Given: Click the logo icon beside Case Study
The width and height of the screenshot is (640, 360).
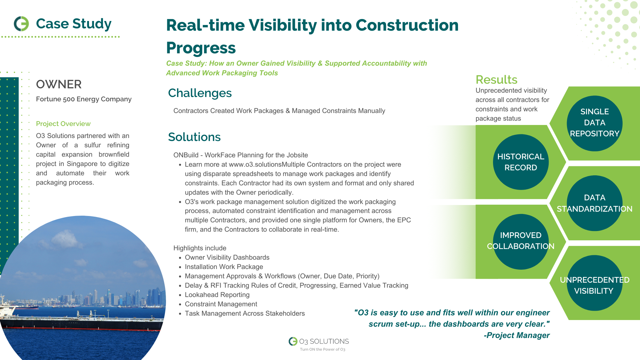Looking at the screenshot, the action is tap(21, 24).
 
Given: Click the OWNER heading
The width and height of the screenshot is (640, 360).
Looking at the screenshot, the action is tap(59, 84).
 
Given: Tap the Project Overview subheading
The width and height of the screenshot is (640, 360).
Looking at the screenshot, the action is tap(63, 124).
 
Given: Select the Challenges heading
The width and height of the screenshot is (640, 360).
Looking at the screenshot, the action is tap(200, 93).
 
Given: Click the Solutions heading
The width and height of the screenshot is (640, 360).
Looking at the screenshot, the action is tap(194, 137).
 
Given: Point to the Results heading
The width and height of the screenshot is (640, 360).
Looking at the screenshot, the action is tap(496, 80).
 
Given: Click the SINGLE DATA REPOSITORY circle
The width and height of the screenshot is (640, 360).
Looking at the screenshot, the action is tap(595, 123).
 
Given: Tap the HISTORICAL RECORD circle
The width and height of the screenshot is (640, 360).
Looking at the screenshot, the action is tap(521, 162).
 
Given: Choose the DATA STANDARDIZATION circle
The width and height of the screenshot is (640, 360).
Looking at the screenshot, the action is tap(595, 203).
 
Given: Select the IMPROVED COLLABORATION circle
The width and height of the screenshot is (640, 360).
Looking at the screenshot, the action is tap(521, 242).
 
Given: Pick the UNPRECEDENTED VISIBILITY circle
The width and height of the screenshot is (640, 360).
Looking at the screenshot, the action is tap(595, 283).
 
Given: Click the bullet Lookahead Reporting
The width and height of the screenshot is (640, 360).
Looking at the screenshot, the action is tap(217, 295).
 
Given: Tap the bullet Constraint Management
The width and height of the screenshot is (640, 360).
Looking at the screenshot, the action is tap(221, 304).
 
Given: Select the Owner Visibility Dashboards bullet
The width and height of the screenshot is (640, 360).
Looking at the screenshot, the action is tap(227, 257).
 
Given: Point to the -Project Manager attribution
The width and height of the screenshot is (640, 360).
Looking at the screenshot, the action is tap(516, 335).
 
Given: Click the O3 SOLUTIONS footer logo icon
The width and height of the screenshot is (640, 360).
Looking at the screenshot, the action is tap(293, 341).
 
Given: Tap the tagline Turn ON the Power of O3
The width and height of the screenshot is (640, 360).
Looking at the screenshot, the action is tap(322, 349).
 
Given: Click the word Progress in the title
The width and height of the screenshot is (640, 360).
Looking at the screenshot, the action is tap(201, 48).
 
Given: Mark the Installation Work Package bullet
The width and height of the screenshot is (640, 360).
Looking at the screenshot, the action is tap(224, 267).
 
